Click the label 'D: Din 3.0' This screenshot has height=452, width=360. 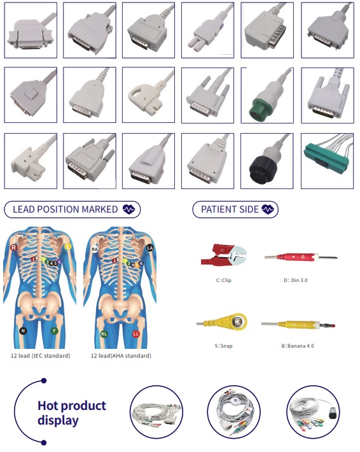pos(296,280)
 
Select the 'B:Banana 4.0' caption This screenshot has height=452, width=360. pos(298,346)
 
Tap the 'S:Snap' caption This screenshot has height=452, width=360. pos(223,346)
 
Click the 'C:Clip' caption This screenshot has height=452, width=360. pos(223,280)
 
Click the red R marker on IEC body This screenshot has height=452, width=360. pos(13,248)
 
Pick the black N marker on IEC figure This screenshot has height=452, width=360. pos(23,330)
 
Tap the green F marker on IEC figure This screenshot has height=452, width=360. pos(54,331)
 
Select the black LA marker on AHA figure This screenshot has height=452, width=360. pos(149,248)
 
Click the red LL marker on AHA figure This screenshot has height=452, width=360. pos(136,334)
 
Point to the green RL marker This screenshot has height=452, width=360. pos(104,334)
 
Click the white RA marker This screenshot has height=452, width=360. pos(95,249)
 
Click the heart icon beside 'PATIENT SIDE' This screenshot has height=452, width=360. pos(268,209)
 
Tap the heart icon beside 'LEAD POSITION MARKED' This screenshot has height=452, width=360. pos(128,209)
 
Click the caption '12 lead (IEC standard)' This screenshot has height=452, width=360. pos(40,356)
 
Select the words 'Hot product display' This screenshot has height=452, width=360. pos(72,413)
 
